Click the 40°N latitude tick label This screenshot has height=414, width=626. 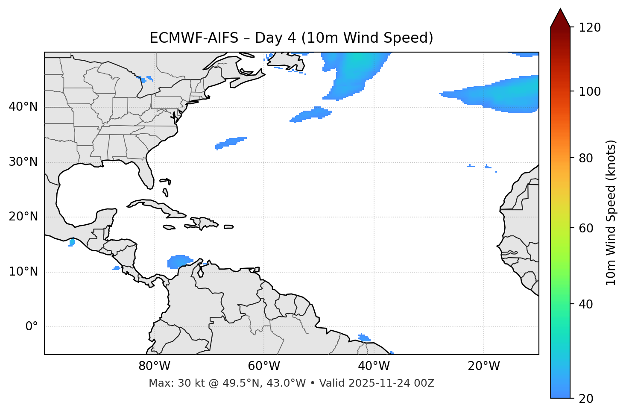tap(23, 107)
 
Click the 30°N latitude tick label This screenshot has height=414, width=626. tap(23, 162)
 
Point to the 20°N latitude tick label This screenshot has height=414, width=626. tap(23, 217)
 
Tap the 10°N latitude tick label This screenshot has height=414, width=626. tap(23, 272)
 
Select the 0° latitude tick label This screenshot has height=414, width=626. tap(32, 327)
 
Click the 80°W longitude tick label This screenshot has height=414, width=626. tap(154, 366)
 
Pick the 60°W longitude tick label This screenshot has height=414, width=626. tap(264, 366)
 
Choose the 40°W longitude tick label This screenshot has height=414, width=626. tap(374, 366)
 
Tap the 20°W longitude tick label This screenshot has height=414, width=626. tap(484, 366)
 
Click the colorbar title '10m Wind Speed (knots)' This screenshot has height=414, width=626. tap(611, 213)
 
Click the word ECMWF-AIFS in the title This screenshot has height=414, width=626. tap(193, 38)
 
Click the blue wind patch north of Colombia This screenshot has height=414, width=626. tap(179, 261)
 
